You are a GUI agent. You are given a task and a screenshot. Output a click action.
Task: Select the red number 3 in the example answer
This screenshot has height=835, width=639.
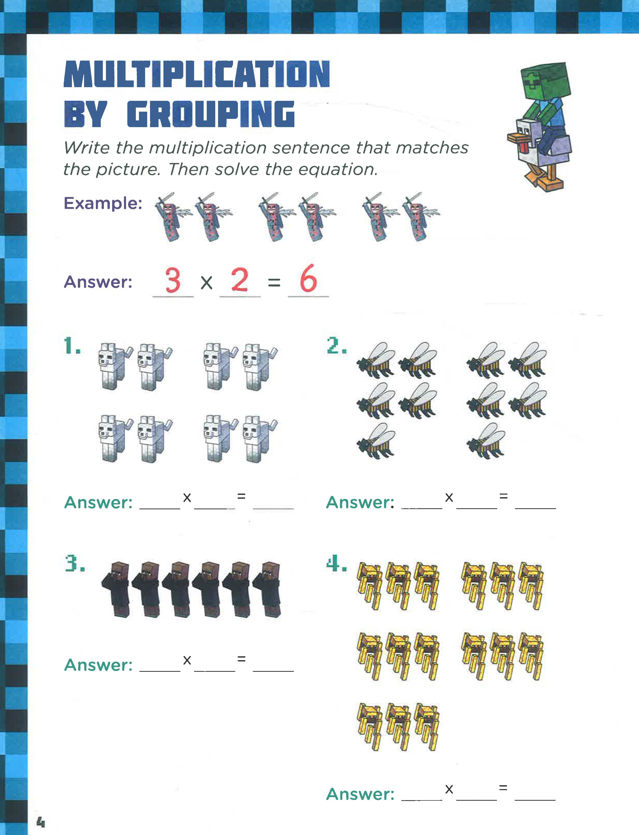[173, 280]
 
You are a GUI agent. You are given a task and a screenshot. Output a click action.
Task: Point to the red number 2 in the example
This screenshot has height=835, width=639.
[240, 280]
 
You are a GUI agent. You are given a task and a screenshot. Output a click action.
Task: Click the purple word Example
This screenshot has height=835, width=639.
[103, 203]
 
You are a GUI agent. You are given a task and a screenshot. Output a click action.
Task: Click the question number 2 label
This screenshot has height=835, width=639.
[337, 346]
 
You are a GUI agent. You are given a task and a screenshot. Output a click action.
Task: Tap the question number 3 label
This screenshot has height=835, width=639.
[74, 563]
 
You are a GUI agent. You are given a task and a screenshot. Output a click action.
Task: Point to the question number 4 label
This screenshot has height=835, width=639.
[337, 563]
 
